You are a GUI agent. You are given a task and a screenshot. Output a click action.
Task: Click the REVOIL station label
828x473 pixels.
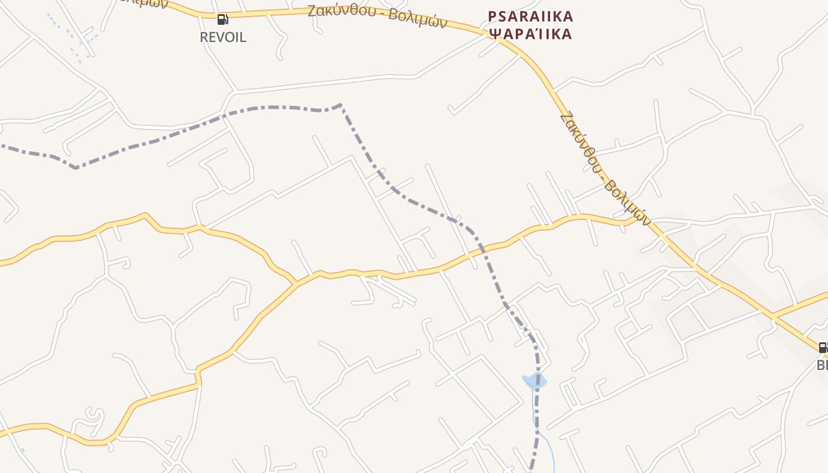(223, 37)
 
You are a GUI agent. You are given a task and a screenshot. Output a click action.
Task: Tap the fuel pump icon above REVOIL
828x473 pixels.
(222, 20)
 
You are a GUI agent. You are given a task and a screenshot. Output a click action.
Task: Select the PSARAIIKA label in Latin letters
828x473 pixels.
(531, 16)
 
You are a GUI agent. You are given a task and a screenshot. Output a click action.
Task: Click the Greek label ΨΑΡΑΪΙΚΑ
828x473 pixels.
(531, 34)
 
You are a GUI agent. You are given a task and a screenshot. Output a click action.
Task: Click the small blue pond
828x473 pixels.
(534, 381)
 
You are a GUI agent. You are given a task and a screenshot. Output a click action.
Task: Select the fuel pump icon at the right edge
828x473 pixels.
(823, 347)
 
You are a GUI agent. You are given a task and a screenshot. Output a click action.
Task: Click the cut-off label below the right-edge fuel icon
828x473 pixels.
(821, 365)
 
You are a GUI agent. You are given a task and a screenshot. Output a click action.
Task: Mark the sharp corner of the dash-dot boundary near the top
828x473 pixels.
(341, 105)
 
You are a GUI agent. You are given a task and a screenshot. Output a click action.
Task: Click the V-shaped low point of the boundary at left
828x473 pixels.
(76, 168)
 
